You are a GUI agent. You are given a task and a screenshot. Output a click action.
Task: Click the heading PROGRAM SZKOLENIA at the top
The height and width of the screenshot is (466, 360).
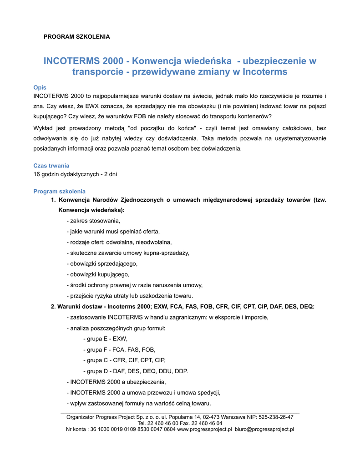tap(76, 36)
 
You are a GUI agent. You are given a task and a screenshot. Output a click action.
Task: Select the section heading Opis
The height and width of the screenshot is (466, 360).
tap(40, 87)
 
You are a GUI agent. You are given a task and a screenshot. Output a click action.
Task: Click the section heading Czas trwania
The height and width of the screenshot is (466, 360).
tap(51, 166)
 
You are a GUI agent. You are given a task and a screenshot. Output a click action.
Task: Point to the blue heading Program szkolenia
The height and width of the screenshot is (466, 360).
tap(59, 191)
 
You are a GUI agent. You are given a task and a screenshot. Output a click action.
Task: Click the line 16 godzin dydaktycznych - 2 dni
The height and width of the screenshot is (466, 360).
tap(75, 174)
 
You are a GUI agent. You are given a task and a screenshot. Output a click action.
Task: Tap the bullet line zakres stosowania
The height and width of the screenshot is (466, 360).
tap(93, 221)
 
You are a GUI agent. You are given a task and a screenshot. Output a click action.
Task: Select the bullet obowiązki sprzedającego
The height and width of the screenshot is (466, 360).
tap(102, 263)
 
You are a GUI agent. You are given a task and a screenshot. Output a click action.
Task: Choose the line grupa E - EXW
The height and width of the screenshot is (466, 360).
tap(106, 339)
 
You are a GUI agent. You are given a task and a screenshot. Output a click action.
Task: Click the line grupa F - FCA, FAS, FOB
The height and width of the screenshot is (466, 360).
tap(119, 349)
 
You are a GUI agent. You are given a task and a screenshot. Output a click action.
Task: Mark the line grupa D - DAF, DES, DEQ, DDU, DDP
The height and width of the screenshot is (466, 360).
tap(136, 371)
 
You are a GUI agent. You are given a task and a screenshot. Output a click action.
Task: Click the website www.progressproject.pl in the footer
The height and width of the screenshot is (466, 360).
tap(204, 429)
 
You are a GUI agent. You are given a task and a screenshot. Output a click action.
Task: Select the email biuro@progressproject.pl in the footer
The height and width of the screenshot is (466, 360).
tap(264, 429)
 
